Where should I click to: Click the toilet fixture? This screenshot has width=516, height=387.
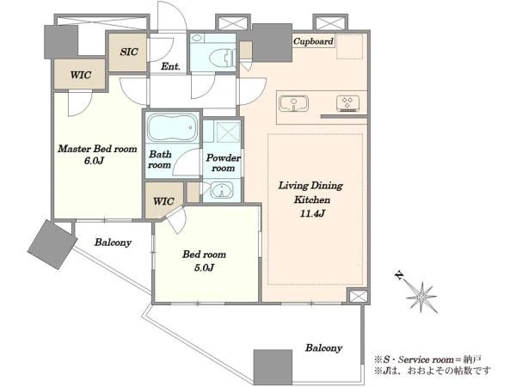223,57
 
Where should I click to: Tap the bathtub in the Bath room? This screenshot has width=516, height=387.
171,127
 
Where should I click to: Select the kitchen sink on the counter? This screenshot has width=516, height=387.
293,104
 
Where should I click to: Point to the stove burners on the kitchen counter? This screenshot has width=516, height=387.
347,103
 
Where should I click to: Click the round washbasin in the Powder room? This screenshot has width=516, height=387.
222,190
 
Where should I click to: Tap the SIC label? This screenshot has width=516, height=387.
129,52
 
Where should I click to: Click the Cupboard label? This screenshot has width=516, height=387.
313,41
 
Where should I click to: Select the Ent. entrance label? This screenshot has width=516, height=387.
170,66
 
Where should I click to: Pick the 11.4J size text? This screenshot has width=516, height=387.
312,213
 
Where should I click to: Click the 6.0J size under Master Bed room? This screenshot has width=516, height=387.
94,161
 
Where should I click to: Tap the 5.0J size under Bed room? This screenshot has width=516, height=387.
204,267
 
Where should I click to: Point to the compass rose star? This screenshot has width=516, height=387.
421,297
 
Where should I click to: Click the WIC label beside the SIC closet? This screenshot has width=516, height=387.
81,75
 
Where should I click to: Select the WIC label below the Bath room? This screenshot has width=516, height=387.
163,201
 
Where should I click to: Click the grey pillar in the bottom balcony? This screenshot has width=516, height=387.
273,367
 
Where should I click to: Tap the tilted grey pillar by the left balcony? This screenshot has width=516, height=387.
52,244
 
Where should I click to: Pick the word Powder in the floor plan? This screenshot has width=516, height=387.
224,158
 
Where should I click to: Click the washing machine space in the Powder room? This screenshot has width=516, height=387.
228,132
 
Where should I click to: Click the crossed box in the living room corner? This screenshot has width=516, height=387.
358,296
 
